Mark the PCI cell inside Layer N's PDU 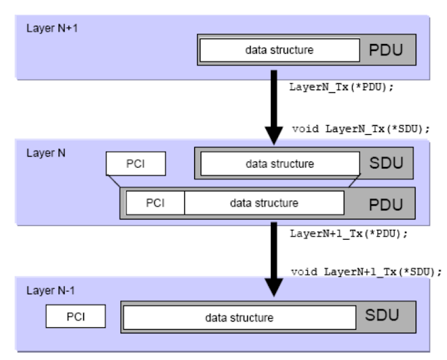pos(154,204)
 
